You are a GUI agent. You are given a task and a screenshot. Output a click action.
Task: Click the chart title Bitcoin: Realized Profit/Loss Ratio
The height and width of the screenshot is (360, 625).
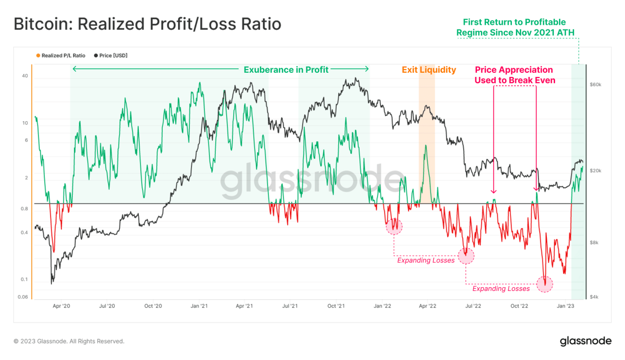click(147, 24)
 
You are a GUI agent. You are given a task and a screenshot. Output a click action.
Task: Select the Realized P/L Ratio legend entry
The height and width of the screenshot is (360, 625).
click(63, 56)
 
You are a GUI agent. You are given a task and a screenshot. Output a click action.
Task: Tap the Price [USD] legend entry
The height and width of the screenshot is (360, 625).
click(113, 56)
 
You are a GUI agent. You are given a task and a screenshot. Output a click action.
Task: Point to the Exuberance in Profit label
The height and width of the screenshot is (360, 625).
click(286, 70)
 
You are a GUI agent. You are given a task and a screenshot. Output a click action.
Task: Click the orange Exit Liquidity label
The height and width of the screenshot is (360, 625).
click(428, 70)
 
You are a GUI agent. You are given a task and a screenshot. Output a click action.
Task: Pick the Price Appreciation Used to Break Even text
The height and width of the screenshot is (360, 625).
click(514, 75)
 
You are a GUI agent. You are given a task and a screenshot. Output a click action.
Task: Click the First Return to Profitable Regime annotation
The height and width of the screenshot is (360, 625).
click(515, 27)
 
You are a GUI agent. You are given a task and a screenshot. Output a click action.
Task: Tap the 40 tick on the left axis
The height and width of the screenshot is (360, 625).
click(25, 76)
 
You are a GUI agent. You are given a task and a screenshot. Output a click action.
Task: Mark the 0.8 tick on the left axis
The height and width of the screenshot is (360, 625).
click(24, 209)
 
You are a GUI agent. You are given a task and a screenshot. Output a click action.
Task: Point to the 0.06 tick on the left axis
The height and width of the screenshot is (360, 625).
click(23, 297)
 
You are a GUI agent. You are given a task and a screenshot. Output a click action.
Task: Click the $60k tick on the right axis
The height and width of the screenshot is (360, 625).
click(595, 85)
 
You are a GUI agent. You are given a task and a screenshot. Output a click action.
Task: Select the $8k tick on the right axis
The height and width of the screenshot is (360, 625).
click(594, 242)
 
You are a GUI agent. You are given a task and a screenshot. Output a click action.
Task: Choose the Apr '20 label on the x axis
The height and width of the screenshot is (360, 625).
click(61, 306)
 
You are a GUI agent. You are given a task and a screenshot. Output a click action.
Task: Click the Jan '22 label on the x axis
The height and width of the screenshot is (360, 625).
click(382, 306)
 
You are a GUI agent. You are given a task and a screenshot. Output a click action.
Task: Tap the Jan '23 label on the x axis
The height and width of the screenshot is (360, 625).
click(565, 306)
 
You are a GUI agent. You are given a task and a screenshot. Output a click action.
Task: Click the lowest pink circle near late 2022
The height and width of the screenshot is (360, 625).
click(544, 284)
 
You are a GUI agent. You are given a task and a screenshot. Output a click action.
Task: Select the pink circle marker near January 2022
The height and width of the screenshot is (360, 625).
click(394, 226)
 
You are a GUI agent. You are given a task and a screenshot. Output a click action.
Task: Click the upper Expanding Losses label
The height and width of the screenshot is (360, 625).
click(426, 260)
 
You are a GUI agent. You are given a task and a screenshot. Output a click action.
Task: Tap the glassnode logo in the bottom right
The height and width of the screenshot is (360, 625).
click(585, 341)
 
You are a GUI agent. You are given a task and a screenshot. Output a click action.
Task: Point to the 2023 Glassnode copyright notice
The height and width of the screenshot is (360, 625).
click(69, 341)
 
